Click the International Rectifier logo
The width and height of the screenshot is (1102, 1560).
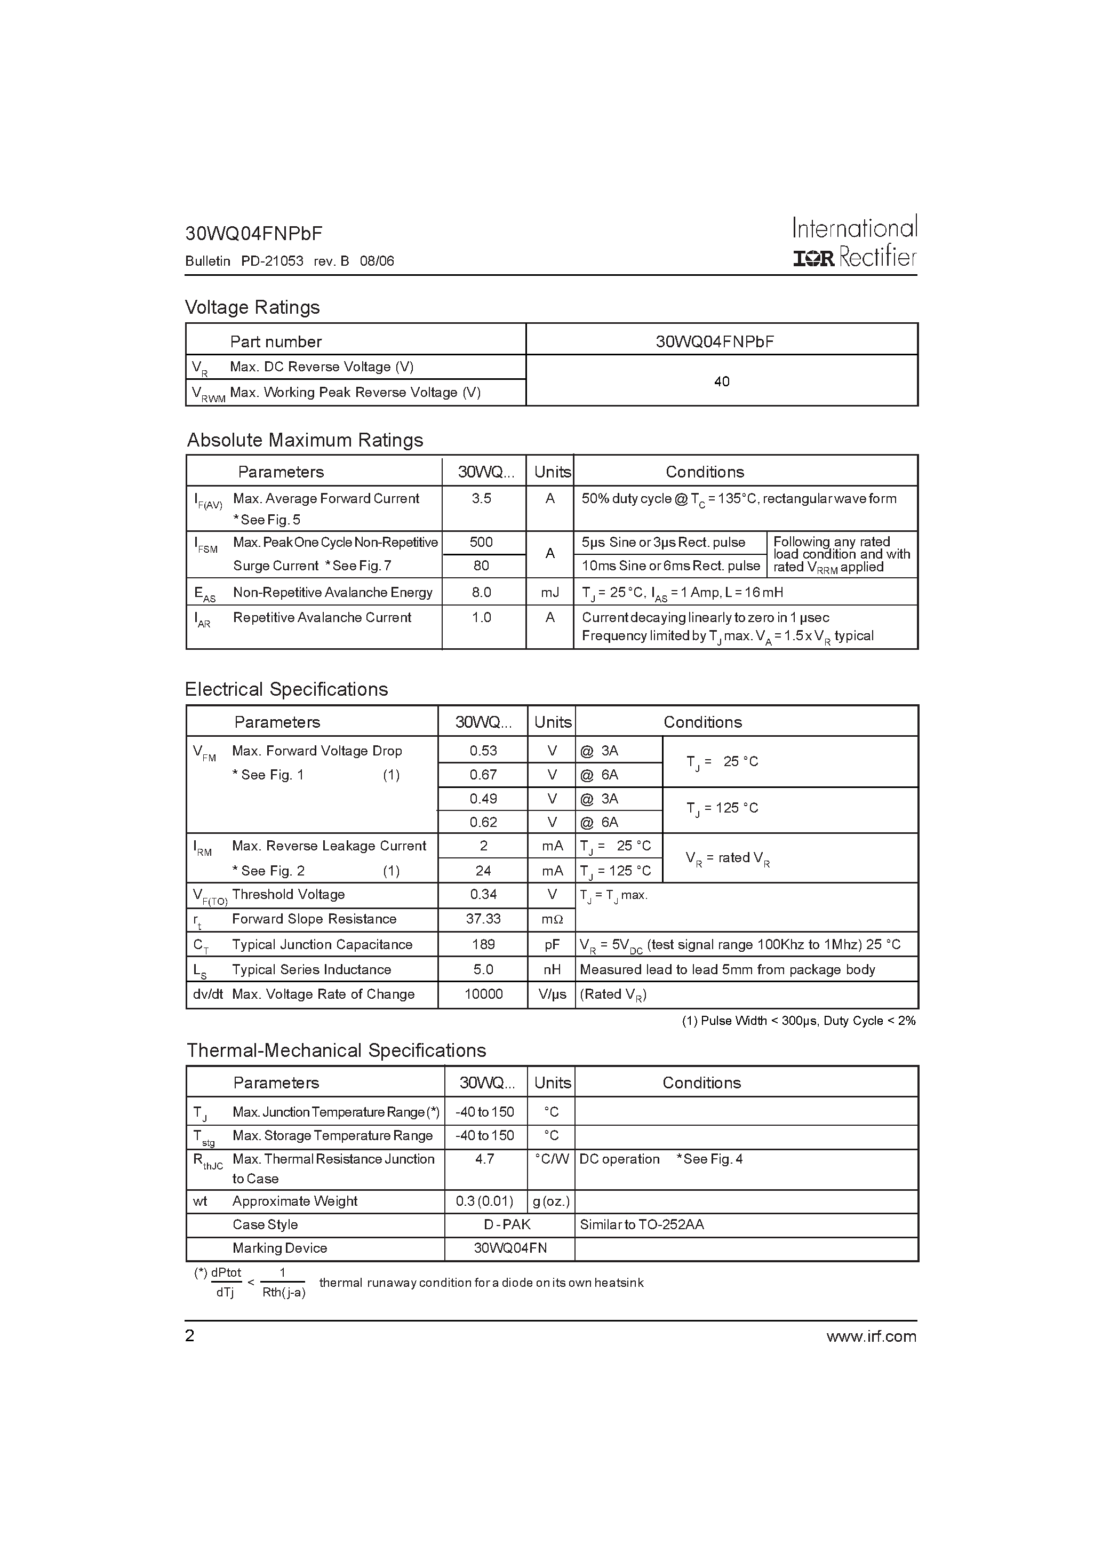(x=854, y=242)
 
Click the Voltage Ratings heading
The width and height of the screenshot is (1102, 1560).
(x=252, y=307)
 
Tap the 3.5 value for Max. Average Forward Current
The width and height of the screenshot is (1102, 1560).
(x=482, y=499)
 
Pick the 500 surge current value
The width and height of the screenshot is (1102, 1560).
(x=482, y=542)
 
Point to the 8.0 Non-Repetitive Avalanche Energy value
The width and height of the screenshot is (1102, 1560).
(x=482, y=593)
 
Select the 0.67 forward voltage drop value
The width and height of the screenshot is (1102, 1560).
(x=483, y=775)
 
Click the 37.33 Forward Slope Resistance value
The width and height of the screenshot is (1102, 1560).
(x=483, y=919)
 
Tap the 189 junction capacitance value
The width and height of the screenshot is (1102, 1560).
(x=483, y=944)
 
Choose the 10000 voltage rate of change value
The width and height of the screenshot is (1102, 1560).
(x=483, y=994)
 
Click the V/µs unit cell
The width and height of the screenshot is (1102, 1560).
(x=552, y=994)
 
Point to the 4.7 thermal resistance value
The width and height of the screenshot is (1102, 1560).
(x=484, y=1159)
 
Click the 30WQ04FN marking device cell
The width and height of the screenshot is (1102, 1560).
(x=509, y=1248)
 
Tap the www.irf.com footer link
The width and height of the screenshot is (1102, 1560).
(x=871, y=1336)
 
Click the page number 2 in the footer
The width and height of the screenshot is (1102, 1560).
(x=189, y=1336)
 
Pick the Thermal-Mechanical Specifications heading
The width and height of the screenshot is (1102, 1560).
(x=336, y=1050)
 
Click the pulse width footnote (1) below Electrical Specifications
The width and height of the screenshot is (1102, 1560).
(x=798, y=1021)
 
